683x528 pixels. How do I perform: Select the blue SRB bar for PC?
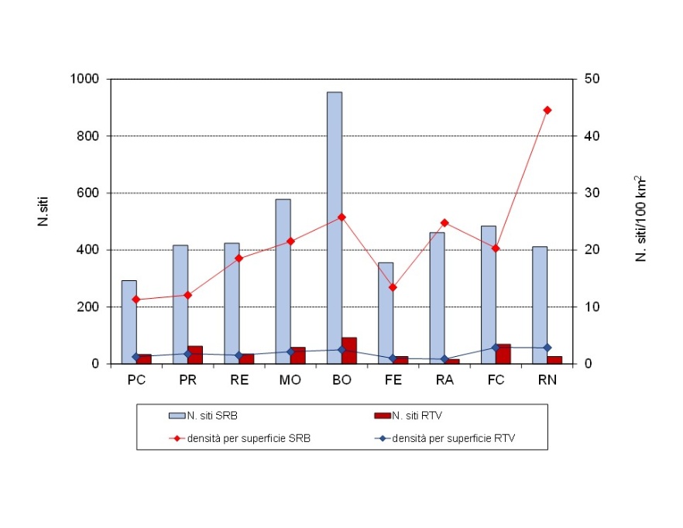coord(129,321)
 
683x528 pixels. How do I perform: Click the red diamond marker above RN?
coord(547,110)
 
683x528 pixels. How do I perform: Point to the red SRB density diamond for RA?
coord(444,223)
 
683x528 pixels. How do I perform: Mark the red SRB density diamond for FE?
coord(393,287)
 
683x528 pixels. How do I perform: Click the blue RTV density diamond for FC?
coord(496,347)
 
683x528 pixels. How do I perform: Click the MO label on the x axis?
coord(290,381)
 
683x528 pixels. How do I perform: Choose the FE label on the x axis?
coord(393,381)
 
